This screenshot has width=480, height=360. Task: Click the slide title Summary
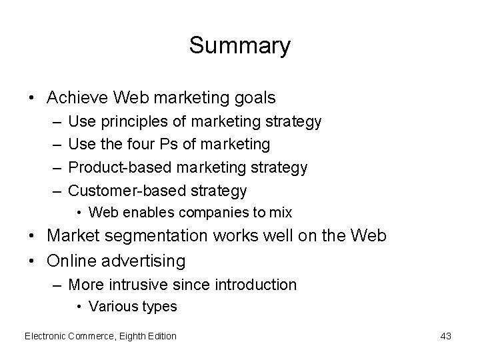point(239,46)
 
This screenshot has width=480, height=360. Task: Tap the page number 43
point(445,336)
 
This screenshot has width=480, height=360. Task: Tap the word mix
point(281,213)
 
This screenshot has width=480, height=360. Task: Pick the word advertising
point(143,260)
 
